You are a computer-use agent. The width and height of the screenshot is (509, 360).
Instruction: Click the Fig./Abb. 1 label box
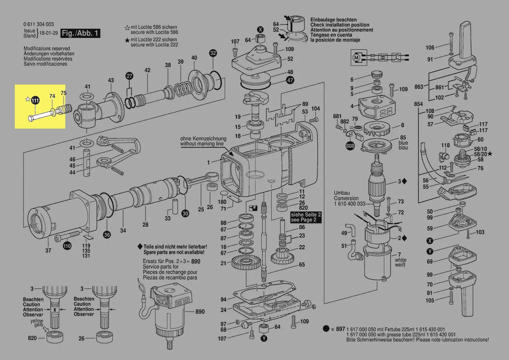[81, 34]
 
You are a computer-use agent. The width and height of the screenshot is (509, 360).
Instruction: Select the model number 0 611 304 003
[39, 24]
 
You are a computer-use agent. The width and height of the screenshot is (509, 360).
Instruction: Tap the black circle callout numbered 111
[35, 101]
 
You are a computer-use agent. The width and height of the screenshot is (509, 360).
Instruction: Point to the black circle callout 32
[212, 53]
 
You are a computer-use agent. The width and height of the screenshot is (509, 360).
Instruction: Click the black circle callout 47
[290, 80]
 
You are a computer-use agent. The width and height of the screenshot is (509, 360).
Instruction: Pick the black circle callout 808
[350, 146]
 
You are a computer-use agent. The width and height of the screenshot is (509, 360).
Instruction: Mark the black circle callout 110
[67, 246]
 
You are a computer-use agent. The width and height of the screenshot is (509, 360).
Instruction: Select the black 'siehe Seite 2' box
[306, 217]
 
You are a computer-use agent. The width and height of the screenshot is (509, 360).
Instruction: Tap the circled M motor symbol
[356, 57]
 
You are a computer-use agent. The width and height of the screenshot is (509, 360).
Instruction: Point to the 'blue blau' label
[403, 145]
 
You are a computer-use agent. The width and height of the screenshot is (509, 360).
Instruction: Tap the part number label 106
[430, 48]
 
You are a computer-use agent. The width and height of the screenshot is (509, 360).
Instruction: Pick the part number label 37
[48, 250]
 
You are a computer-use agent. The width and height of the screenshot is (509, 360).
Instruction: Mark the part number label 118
[445, 145]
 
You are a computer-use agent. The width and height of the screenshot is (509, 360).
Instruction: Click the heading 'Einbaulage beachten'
[333, 20]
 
